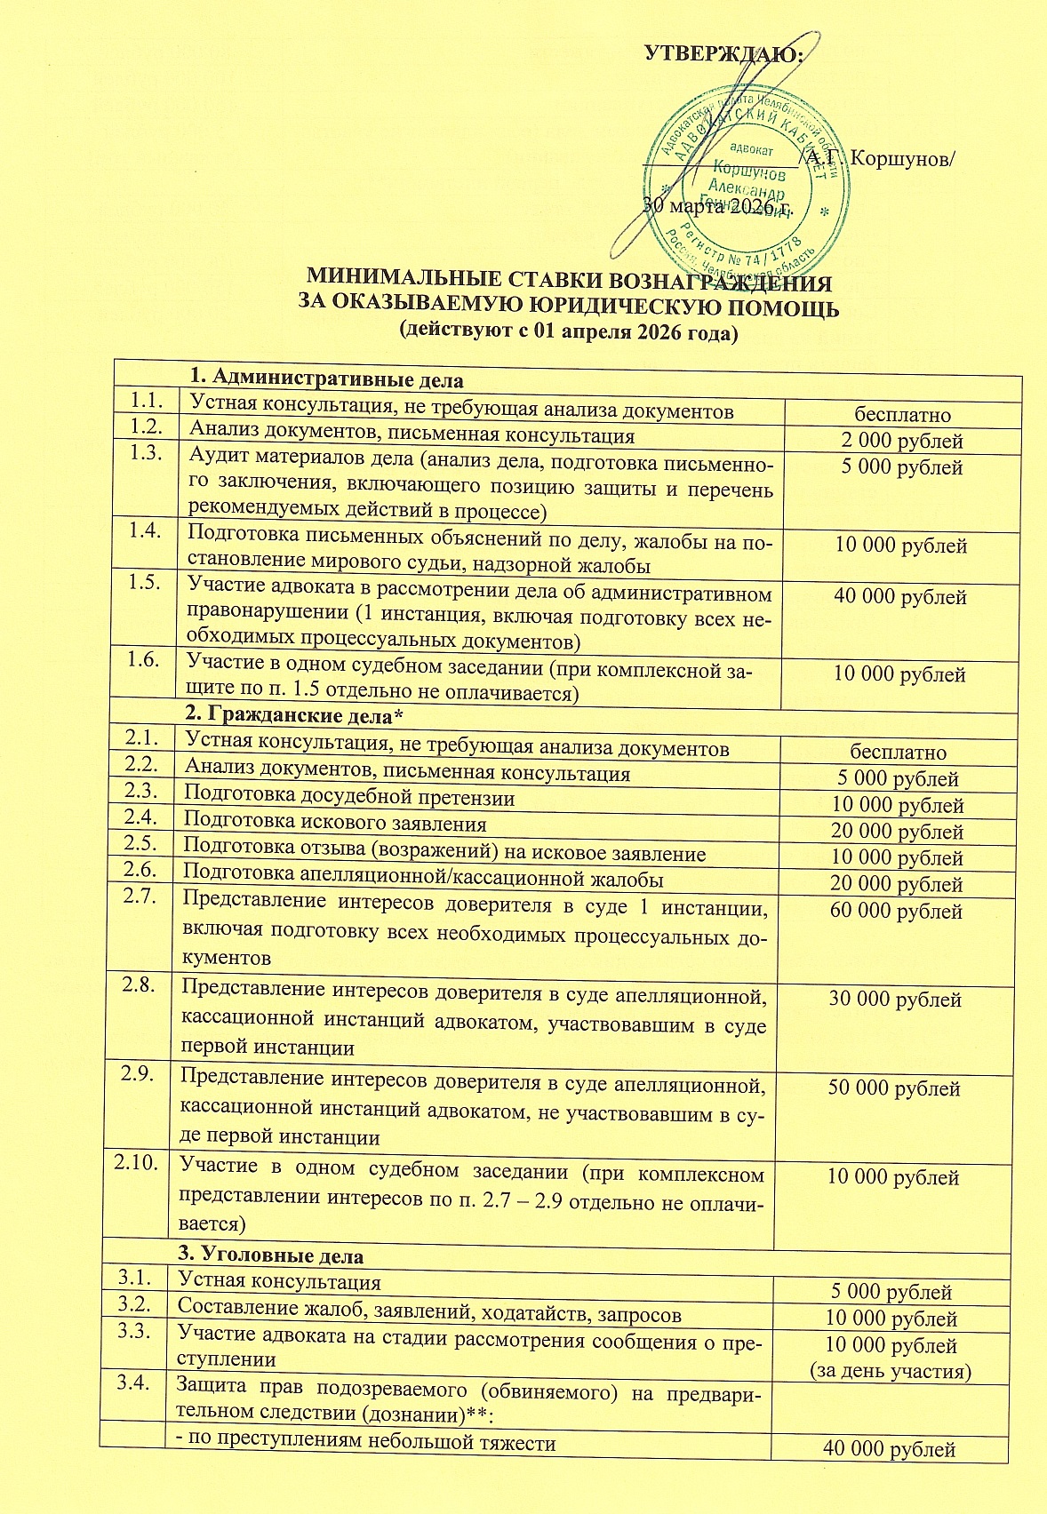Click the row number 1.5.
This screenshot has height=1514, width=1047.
click(144, 582)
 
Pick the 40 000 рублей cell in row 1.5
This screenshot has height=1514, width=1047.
click(899, 597)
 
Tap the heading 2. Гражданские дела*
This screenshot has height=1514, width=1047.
click(294, 713)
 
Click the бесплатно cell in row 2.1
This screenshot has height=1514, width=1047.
click(898, 753)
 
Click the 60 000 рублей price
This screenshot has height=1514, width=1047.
click(896, 911)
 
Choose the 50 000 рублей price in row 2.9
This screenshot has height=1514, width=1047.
click(894, 1088)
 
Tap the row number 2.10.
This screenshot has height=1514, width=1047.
click(137, 1163)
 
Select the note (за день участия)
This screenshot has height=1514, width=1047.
click(891, 1371)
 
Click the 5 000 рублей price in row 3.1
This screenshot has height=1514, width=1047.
click(891, 1292)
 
